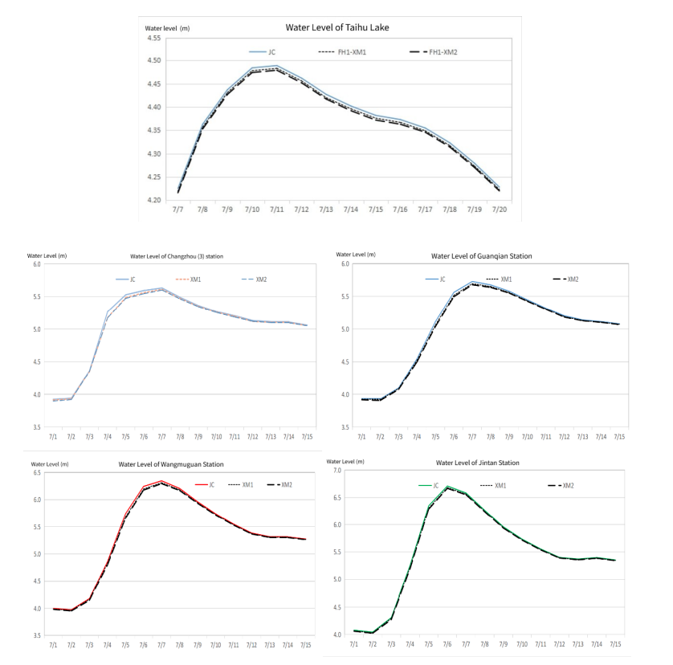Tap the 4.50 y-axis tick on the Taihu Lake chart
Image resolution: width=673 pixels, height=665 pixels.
click(153, 61)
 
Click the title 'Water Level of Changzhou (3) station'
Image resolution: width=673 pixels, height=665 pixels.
click(176, 257)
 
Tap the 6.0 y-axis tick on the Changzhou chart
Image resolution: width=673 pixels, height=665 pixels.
click(36, 264)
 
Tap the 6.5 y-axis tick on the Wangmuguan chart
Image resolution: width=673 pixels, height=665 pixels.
click(36, 473)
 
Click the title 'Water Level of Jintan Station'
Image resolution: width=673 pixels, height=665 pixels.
click(477, 463)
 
